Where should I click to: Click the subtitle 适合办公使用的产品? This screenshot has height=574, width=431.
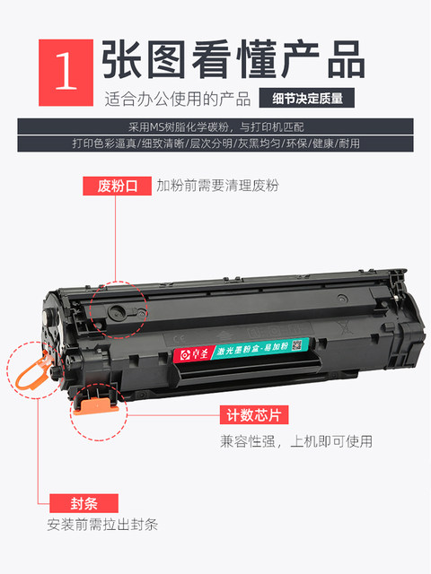click(x=179, y=98)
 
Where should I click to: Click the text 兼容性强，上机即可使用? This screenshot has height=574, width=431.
click(x=296, y=441)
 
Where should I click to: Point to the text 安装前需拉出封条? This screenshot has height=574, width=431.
click(x=102, y=525)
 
